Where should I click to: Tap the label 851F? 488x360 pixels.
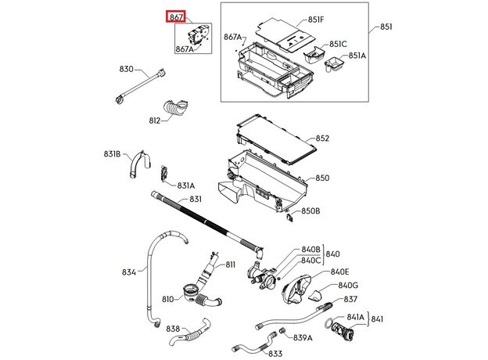(x=316, y=20)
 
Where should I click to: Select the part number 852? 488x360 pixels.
(x=322, y=139)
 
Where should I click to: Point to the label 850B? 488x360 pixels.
(x=311, y=211)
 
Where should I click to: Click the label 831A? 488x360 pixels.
(x=185, y=185)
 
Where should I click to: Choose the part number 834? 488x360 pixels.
(x=128, y=272)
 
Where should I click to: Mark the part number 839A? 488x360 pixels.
(x=303, y=337)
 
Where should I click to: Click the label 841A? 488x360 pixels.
(x=356, y=316)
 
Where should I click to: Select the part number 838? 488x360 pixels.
(x=173, y=329)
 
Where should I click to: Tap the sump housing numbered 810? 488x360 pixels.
(x=192, y=295)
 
